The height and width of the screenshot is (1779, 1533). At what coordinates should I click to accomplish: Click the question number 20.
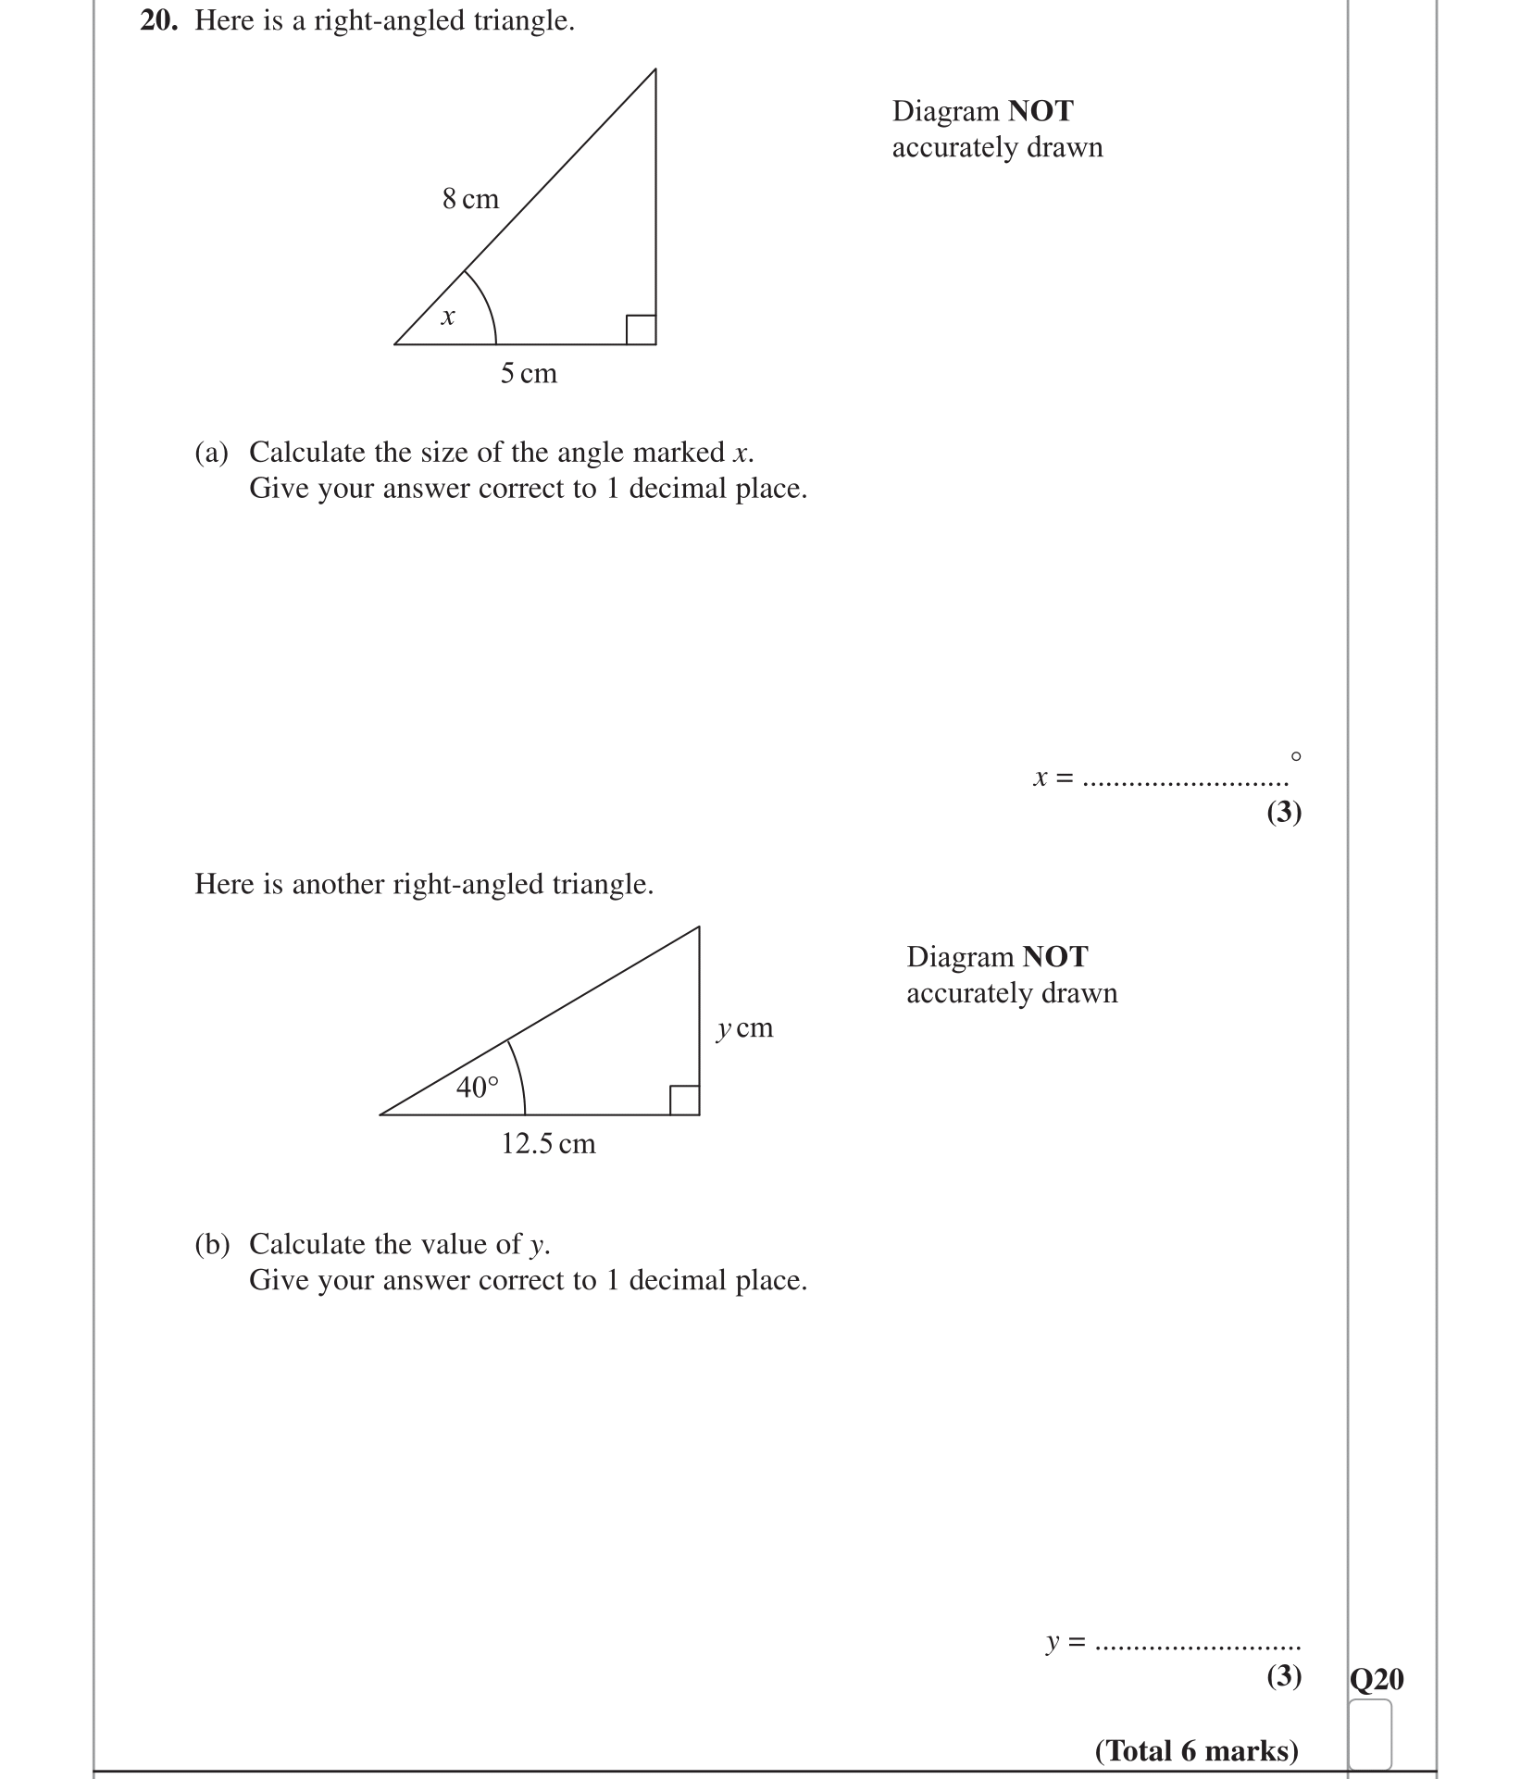click(158, 21)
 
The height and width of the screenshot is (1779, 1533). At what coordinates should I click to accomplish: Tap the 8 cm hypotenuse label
click(470, 199)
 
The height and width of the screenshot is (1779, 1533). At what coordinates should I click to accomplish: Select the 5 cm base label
click(529, 374)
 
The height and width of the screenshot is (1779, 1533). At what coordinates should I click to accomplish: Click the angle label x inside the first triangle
click(448, 317)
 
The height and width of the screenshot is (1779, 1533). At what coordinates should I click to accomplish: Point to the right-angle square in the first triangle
click(641, 330)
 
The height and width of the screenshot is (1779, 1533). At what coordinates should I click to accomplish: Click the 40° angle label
click(477, 1087)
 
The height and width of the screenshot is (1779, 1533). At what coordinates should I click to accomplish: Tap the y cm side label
click(744, 1028)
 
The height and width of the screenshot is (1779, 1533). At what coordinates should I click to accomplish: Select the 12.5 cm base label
click(548, 1144)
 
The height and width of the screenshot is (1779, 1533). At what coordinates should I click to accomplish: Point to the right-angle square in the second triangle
click(684, 1100)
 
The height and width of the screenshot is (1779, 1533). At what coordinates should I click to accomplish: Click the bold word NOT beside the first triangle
click(1041, 111)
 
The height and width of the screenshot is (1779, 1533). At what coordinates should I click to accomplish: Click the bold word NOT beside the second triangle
click(1055, 956)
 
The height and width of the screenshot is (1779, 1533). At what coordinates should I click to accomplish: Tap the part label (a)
click(211, 453)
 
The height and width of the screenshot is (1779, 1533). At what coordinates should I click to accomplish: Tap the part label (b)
click(211, 1244)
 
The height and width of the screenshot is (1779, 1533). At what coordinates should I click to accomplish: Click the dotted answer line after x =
click(1185, 783)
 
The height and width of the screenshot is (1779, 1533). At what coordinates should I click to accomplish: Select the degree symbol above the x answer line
click(1295, 756)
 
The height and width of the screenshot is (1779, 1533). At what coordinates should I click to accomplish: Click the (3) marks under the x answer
click(1284, 812)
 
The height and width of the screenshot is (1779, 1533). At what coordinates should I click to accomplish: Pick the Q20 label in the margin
click(1377, 1678)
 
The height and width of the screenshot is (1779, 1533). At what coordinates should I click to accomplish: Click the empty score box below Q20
click(1370, 1733)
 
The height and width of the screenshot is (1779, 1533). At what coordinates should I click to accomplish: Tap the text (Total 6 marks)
click(1197, 1750)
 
